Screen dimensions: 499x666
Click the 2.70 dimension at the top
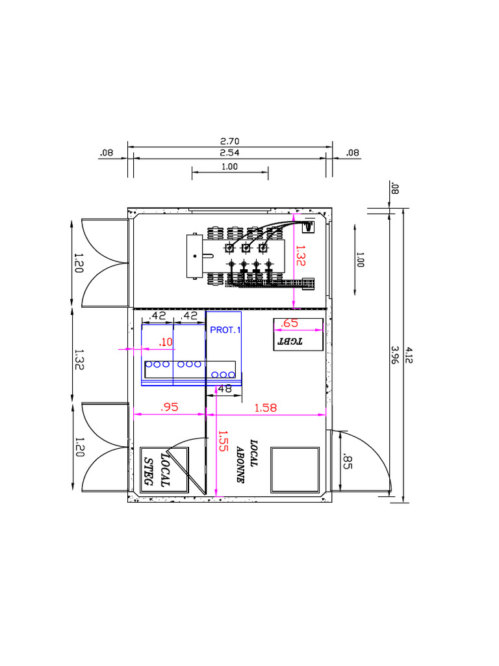pos(229,141)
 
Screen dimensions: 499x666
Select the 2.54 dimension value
pos(229,152)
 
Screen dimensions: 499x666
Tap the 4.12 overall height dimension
pos(408,355)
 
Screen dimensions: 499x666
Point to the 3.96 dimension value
pos(395,355)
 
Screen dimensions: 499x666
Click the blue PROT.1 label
pos(225,330)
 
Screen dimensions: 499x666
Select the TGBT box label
pos(290,341)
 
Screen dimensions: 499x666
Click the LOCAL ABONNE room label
pos(247,461)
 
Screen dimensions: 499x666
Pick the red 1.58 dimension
pos(266,408)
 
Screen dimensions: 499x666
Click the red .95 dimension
pos(170,407)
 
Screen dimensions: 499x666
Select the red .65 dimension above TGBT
pos(289,323)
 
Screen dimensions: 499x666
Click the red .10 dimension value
pos(166,342)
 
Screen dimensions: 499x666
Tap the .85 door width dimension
pos(347,462)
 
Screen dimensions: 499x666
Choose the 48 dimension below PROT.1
pos(224,389)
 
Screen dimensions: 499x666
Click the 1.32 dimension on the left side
pos(79,359)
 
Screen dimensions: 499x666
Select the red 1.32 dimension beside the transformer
pos(300,256)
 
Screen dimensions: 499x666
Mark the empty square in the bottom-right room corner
pos(295,470)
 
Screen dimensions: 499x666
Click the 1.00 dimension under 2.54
pos(229,166)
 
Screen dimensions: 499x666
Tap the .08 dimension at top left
pos(107,152)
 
